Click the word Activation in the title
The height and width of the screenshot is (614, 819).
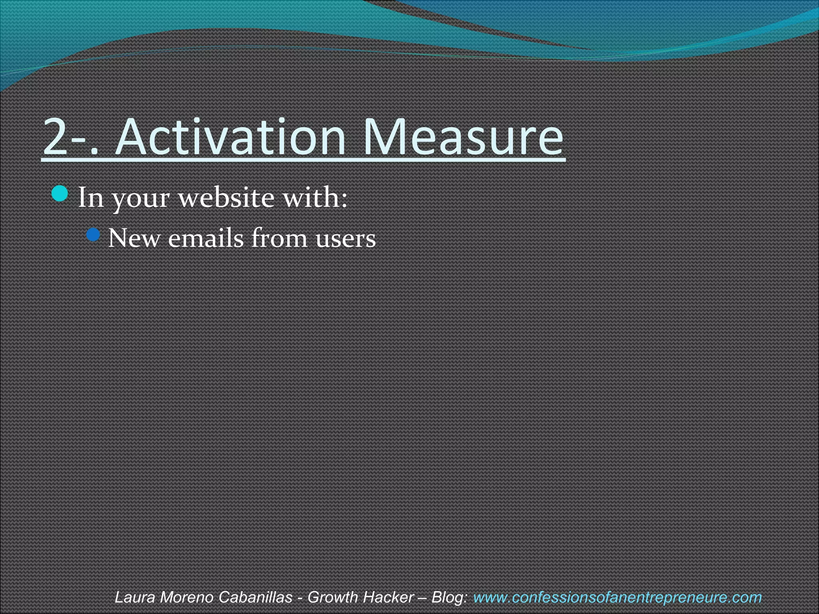[230, 137]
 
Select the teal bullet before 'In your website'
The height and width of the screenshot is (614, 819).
[60, 193]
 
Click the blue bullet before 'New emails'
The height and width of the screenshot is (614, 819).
[93, 235]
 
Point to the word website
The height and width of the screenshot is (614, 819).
[226, 197]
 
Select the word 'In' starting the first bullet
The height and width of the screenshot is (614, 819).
[90, 197]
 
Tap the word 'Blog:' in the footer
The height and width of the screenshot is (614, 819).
[449, 598]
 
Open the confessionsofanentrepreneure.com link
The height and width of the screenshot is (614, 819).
[617, 598]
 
